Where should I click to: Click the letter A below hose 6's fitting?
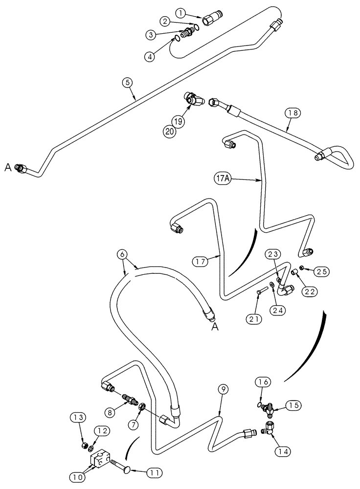[214, 329]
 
